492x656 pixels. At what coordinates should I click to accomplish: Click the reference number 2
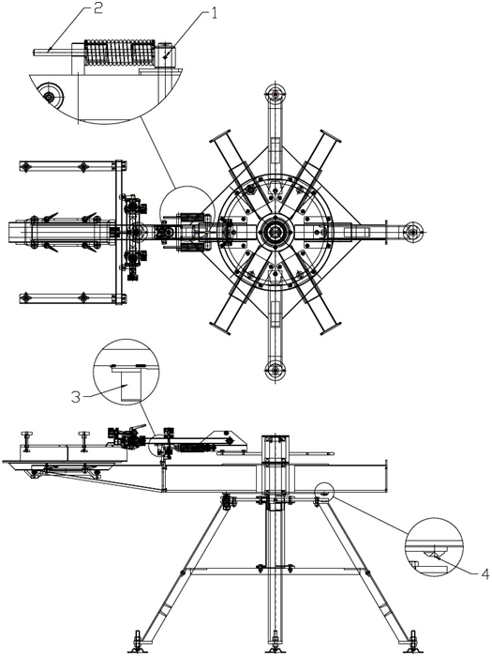click(x=97, y=8)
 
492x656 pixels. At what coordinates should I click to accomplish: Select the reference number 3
click(x=75, y=397)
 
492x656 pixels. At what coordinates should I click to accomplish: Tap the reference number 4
click(x=485, y=574)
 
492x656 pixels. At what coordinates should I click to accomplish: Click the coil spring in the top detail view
click(x=119, y=53)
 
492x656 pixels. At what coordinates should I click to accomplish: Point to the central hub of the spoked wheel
click(x=276, y=231)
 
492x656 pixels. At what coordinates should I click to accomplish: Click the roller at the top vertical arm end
click(x=276, y=93)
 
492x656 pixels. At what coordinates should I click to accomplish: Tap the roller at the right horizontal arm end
click(x=413, y=231)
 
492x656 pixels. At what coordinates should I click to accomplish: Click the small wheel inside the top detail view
click(x=50, y=97)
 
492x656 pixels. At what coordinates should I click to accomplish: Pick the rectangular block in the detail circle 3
click(x=130, y=386)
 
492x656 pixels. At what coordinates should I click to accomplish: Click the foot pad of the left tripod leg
click(x=139, y=648)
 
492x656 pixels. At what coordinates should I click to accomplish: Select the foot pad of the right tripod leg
click(x=412, y=648)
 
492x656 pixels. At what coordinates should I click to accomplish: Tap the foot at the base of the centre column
click(x=275, y=648)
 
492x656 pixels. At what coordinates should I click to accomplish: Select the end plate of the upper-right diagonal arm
click(x=331, y=138)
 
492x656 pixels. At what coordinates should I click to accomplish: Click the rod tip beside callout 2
click(x=35, y=52)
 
